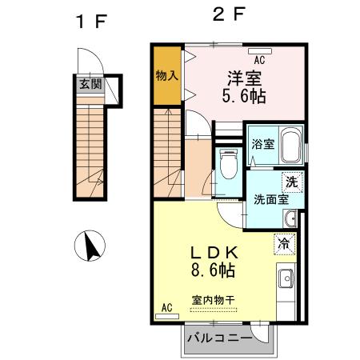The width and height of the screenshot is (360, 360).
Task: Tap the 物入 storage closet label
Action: click(166, 77)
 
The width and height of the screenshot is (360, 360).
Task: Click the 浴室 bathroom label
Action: click(262, 145)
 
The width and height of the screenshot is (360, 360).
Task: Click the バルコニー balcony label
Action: click(218, 337)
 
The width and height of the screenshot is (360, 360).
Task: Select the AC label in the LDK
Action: click(166, 307)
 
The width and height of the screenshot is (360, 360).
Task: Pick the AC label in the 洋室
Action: click(259, 60)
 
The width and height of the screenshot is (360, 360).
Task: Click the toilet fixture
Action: click(227, 166)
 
